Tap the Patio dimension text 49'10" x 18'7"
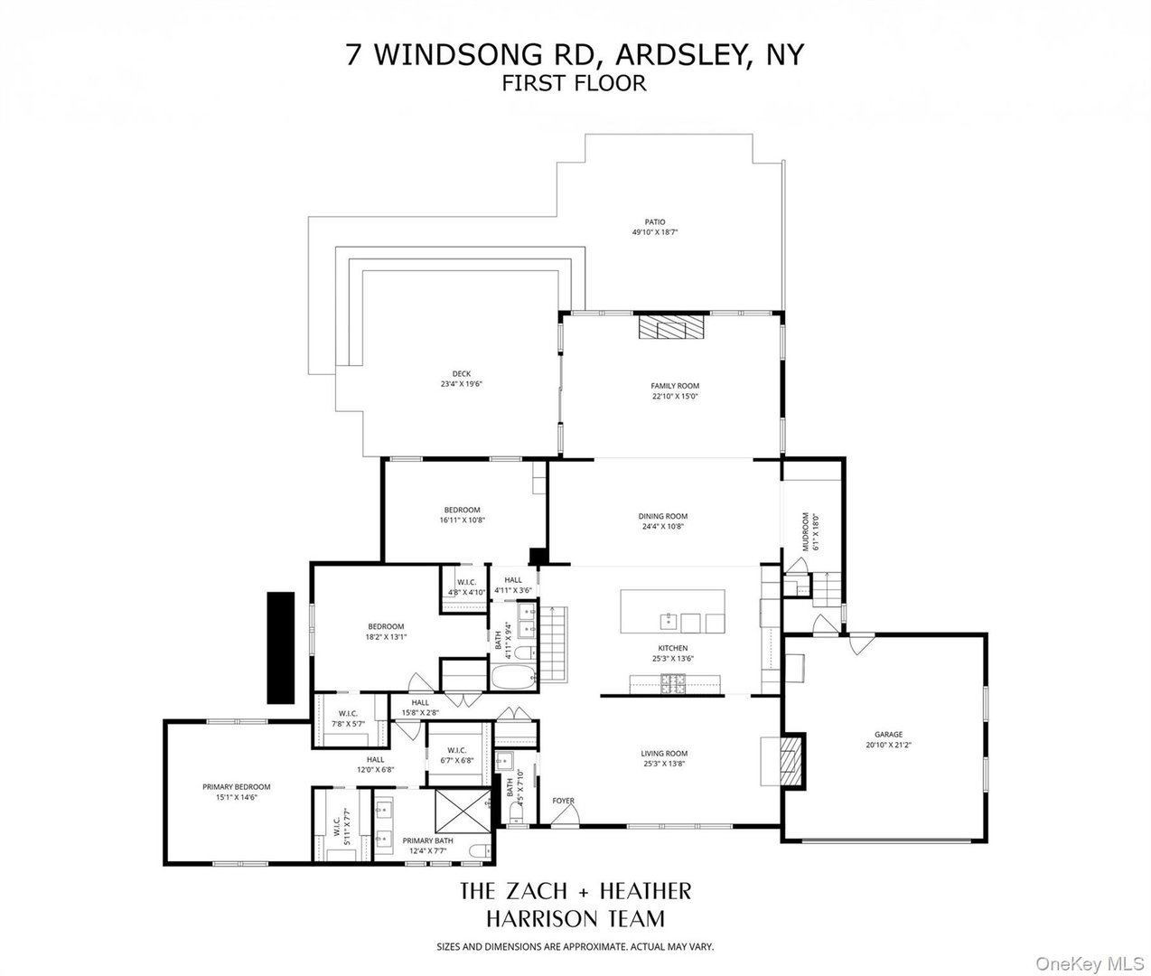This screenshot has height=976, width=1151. [x=654, y=232]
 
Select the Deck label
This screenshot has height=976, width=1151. [x=462, y=374]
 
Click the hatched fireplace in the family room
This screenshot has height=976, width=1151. [x=670, y=326]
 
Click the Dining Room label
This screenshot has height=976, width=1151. [x=663, y=517]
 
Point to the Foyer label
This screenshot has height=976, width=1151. [x=564, y=801]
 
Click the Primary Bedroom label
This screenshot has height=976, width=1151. [x=236, y=787]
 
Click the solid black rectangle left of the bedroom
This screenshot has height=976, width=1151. [x=280, y=647]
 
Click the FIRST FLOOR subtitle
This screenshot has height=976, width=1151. [x=575, y=83]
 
